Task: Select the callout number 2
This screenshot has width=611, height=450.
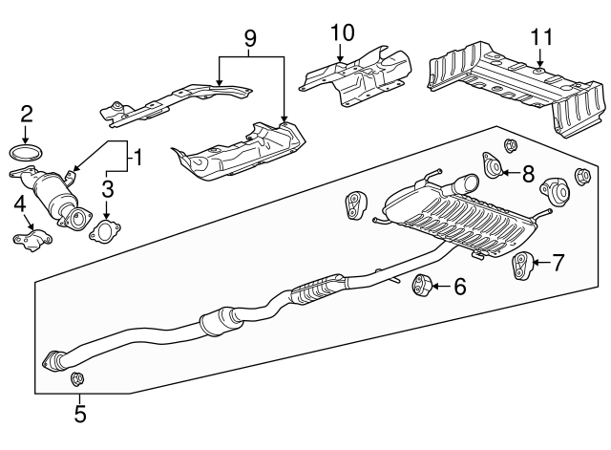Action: click(26, 116)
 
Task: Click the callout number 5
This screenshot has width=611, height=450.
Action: click(80, 414)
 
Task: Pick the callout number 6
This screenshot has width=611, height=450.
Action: click(460, 285)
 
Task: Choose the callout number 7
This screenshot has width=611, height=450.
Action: click(558, 261)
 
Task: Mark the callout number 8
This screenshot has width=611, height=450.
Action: click(528, 172)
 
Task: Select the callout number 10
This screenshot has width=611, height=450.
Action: click(341, 32)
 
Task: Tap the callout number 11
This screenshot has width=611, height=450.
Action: click(541, 37)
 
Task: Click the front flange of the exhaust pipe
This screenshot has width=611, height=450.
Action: click(54, 361)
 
